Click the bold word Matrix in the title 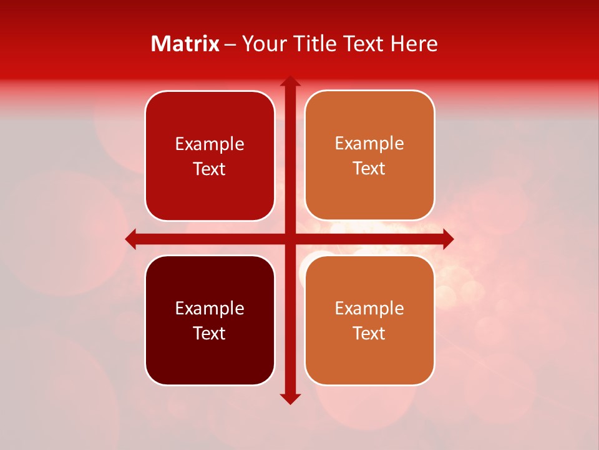click(x=185, y=44)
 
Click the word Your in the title click(x=261, y=44)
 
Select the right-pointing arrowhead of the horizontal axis click(x=447, y=239)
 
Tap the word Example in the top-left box click(x=210, y=144)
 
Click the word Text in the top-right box click(x=369, y=169)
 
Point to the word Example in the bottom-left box click(x=210, y=309)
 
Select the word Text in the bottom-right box click(x=369, y=333)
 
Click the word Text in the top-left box click(x=210, y=169)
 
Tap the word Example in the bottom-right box click(x=369, y=308)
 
